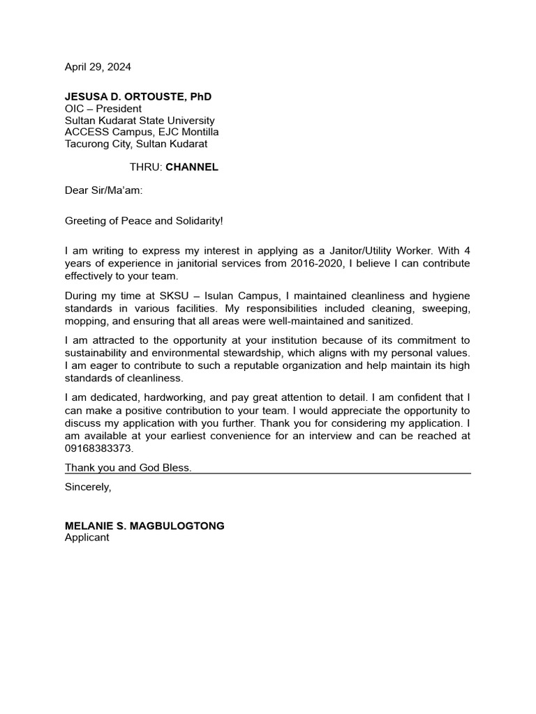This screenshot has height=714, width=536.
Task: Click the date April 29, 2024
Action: click(x=98, y=68)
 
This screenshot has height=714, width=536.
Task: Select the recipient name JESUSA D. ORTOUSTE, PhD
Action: click(x=138, y=96)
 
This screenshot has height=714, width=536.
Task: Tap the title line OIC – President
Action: click(x=103, y=109)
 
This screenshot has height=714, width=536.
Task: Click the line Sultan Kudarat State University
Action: click(x=140, y=121)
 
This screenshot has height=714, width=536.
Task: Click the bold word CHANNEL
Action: click(x=192, y=167)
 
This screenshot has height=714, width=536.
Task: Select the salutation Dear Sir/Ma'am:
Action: click(x=103, y=190)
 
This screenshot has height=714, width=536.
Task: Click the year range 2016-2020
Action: click(x=315, y=264)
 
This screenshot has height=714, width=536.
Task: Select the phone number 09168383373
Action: click(x=98, y=448)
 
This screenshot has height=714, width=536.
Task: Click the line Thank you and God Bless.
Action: click(x=128, y=468)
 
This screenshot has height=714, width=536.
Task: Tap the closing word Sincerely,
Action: click(x=88, y=487)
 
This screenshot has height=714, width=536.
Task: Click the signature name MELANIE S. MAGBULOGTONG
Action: click(x=144, y=526)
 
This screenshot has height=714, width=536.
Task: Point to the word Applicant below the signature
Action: click(x=87, y=538)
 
